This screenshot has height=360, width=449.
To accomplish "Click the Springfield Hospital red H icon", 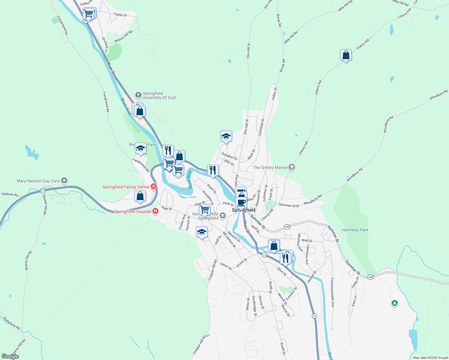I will tap(155, 211).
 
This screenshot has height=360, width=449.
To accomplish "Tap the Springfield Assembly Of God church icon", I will tap(138, 95).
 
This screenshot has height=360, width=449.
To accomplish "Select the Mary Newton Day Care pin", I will tap(64, 181).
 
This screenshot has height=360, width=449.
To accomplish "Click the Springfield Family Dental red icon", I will tap(154, 187).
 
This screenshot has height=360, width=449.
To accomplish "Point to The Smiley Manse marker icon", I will tap(291, 167).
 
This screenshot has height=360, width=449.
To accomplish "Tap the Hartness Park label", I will tap(355, 230).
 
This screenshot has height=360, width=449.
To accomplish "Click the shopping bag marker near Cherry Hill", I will tap(346, 55).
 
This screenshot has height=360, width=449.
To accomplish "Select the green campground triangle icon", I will tap(395, 303).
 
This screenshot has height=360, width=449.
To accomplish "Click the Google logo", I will tap(10, 356).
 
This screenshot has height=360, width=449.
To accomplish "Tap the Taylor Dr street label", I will tap(120, 15).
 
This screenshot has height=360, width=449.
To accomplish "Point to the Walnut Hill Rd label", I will tap(123, 37).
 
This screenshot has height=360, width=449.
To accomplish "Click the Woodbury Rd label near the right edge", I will tap(438, 95).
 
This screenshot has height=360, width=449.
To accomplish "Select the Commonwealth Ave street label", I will tap(333, 292).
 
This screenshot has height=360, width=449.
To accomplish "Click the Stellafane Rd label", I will tap(11, 323).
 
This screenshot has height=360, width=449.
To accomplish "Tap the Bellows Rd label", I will tap(10, 195).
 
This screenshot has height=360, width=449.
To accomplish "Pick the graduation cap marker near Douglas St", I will tap(226, 136).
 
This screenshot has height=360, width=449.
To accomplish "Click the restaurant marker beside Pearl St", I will tap(213, 170).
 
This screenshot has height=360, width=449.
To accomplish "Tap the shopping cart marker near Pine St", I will tap(204, 209).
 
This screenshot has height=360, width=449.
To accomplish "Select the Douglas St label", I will tap(229, 156).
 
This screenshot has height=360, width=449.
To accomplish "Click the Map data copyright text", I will tap(430, 357).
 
